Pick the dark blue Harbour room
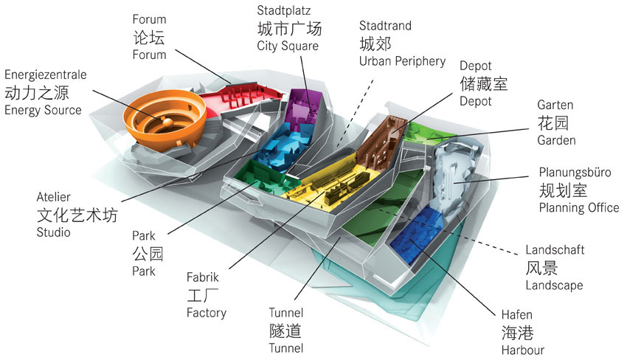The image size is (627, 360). [x=417, y=237]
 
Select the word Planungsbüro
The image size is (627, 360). [x=575, y=173]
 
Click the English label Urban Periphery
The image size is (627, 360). [x=402, y=60]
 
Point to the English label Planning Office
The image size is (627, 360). [x=579, y=208]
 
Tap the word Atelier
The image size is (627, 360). [x=52, y=198]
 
